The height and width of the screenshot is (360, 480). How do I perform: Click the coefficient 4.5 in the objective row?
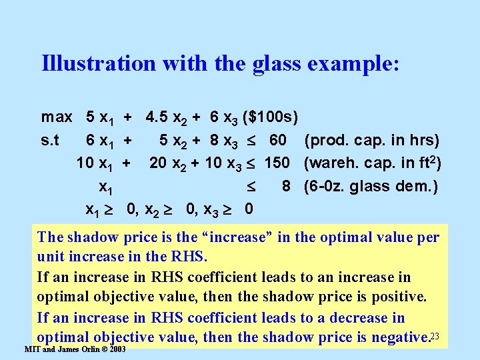coord(157,117)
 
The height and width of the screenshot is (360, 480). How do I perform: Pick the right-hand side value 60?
coord(278,141)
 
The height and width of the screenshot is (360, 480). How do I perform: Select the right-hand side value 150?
coord(277,163)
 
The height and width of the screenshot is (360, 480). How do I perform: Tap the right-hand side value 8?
coord(286,186)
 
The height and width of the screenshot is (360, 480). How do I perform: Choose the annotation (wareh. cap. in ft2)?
coord(373,163)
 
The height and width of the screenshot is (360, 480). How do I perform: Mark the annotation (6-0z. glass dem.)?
coord(371,186)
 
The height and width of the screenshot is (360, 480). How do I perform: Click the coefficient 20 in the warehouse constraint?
coord(158,163)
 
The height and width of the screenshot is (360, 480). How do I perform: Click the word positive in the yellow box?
coord(395,297)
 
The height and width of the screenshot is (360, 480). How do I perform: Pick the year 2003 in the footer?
coord(117,349)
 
